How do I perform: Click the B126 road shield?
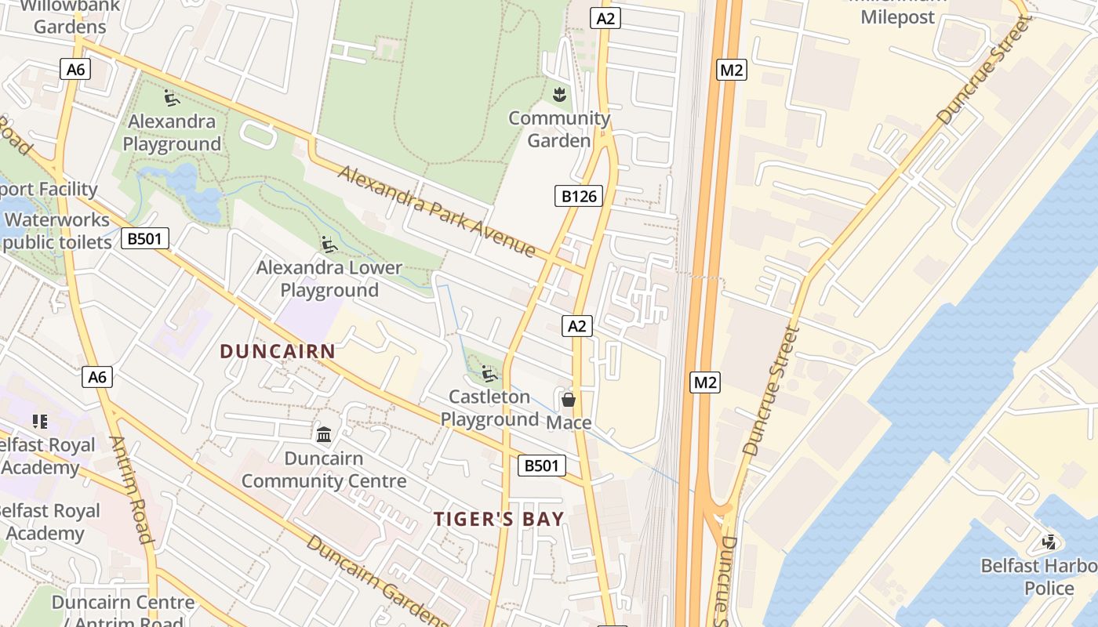point(579,196)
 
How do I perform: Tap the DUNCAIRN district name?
point(278,351)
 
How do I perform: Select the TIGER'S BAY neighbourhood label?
point(499,519)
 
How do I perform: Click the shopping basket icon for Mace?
point(569,400)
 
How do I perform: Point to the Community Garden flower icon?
point(559,95)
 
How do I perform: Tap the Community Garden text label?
point(559,129)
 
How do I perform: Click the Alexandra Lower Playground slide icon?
point(329,245)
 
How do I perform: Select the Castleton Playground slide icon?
point(489,374)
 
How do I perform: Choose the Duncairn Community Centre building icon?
point(323,433)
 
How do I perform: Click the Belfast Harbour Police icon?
point(1049,542)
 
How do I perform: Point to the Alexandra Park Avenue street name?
point(437,211)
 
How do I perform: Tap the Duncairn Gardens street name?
point(376,580)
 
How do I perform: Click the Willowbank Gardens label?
point(70,16)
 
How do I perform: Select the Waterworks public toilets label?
point(56,231)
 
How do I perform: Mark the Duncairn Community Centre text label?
point(324,469)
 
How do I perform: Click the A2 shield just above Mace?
point(576,326)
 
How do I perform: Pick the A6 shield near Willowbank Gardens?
point(75,69)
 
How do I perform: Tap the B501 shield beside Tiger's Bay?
point(542,466)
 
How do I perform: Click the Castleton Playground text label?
point(489,408)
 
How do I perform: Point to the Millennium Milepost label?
point(898,11)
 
